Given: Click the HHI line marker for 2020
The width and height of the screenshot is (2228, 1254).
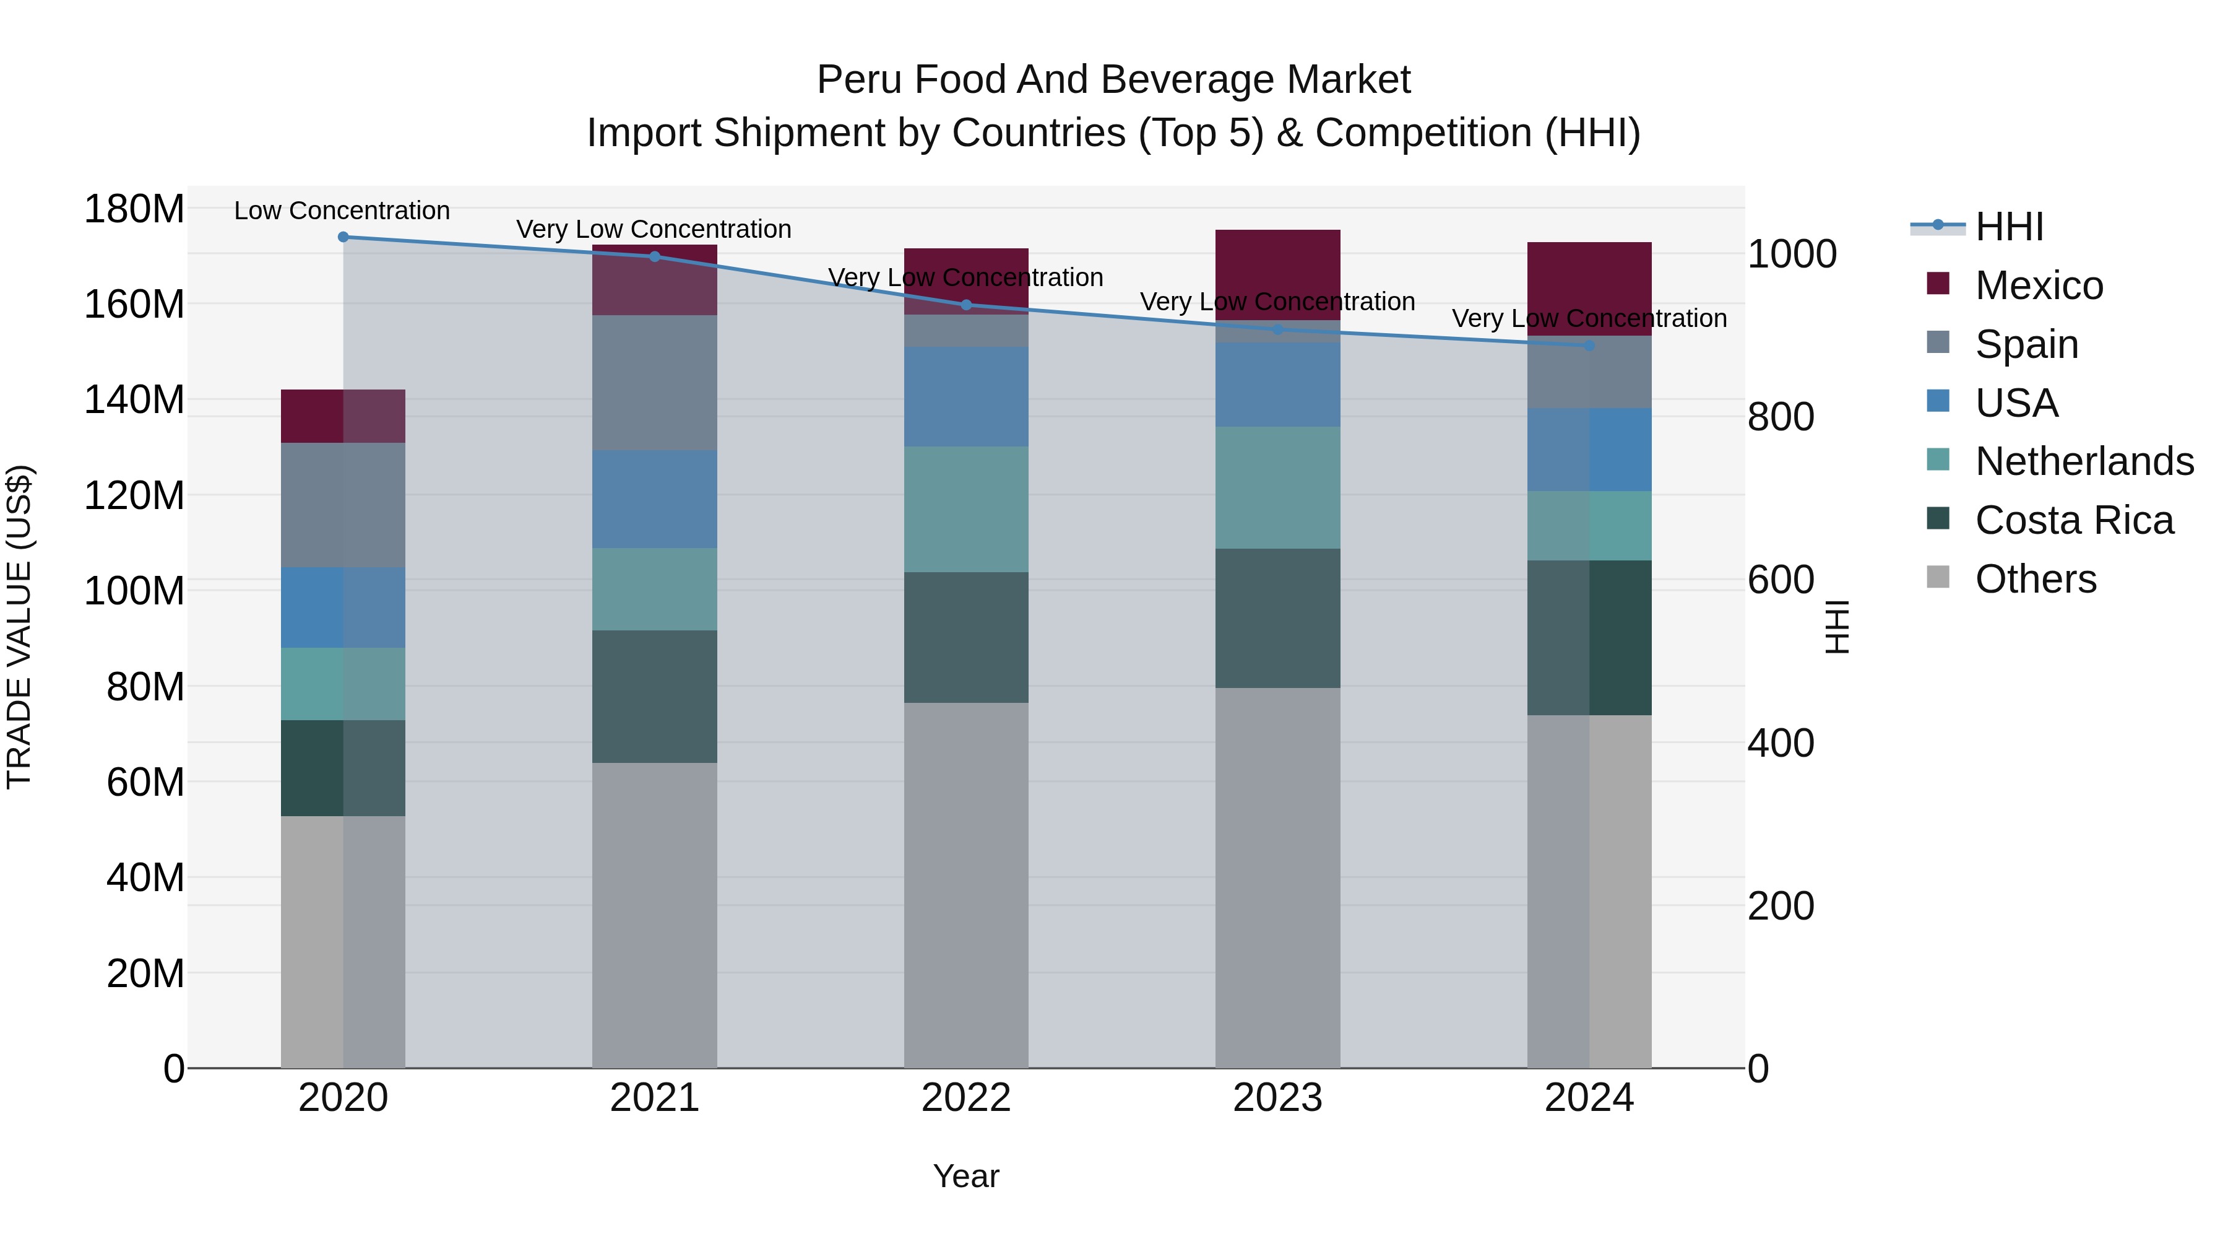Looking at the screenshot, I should (343, 237).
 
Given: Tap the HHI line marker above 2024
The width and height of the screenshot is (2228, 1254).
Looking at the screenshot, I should (1589, 346).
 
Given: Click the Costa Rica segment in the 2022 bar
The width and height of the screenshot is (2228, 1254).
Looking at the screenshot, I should (966, 637).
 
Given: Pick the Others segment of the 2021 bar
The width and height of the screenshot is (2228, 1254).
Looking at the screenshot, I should (655, 915).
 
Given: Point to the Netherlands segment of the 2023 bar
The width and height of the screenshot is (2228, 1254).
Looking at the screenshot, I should (1277, 487).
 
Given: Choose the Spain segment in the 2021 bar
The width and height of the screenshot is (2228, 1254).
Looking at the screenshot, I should (655, 383).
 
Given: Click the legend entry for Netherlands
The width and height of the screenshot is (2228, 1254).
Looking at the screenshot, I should (2084, 461).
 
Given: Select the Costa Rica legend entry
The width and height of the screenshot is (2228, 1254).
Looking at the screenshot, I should (2074, 520).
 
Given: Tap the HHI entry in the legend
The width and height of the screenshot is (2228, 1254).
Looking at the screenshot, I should (2009, 227).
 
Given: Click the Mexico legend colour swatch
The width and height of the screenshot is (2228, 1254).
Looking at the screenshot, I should (1938, 284).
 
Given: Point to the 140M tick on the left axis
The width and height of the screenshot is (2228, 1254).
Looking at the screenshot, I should (134, 400).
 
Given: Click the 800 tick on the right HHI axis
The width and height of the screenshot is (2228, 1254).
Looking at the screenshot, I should (1780, 417).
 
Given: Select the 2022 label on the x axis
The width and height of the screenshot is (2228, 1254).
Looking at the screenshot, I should (966, 1098).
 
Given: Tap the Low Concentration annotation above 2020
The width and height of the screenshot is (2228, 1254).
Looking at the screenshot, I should (342, 211).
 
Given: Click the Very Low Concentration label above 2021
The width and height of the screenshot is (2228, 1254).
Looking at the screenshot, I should (654, 229).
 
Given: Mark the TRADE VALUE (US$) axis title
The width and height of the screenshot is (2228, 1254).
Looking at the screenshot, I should (19, 627).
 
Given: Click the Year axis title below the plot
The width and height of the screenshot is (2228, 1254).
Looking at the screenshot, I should (966, 1176).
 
